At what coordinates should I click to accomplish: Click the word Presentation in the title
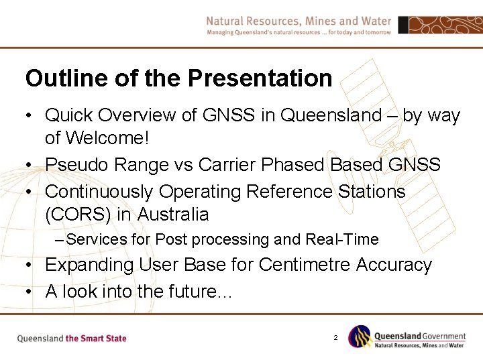[260, 78]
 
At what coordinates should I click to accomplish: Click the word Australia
[172, 215]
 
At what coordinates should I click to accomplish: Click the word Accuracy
[394, 265]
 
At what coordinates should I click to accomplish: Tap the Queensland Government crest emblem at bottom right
[359, 337]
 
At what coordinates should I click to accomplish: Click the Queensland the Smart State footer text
[72, 338]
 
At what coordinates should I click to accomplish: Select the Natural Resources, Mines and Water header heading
[299, 21]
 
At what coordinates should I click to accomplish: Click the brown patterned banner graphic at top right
[439, 25]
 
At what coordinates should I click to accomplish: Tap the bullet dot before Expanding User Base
[30, 265]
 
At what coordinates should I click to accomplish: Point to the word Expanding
[89, 265]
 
